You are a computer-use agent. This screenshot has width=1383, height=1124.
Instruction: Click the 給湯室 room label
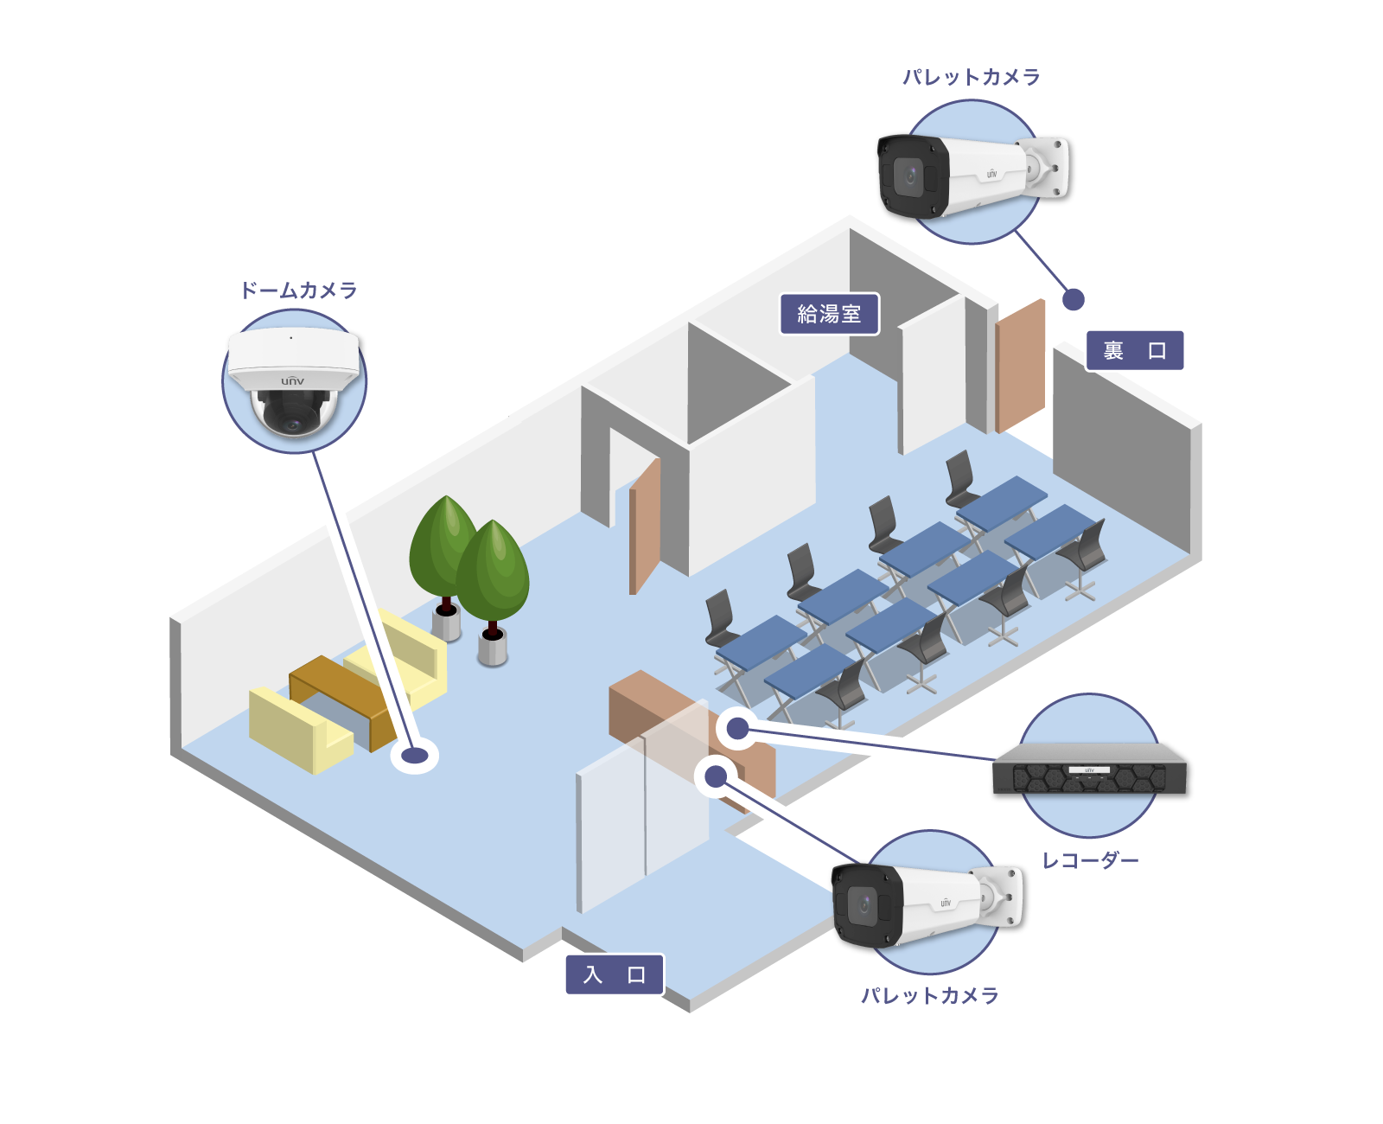(x=829, y=314)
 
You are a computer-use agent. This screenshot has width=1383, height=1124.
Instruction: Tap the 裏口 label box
(x=1134, y=350)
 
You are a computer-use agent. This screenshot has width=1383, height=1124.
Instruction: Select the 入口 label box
(x=615, y=974)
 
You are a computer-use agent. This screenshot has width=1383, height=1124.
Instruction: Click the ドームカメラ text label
(x=298, y=291)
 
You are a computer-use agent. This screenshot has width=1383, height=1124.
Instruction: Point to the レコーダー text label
(x=1090, y=860)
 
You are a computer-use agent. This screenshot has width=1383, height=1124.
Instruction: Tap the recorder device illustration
(x=1089, y=768)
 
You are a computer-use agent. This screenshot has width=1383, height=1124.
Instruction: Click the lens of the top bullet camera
(x=908, y=176)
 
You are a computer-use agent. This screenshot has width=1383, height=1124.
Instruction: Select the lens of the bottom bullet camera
(x=863, y=905)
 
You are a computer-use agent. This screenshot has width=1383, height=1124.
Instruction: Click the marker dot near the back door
(x=1073, y=299)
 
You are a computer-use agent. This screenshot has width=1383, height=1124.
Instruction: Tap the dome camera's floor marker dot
(x=415, y=756)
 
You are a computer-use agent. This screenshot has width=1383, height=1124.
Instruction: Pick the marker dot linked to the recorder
(x=737, y=729)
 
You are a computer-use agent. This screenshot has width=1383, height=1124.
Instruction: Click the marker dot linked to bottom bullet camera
(x=716, y=776)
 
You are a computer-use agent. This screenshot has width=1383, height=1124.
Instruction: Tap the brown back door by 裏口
(x=1020, y=366)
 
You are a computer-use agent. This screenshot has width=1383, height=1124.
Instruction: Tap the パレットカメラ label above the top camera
(x=971, y=77)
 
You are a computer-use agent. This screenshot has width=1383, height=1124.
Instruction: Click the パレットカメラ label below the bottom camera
(x=929, y=995)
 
